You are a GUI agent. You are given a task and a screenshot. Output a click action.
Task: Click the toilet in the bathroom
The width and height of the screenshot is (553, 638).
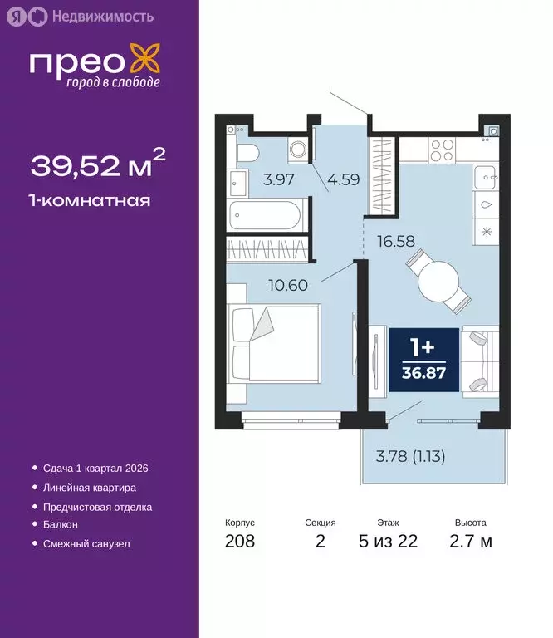(x=247, y=152)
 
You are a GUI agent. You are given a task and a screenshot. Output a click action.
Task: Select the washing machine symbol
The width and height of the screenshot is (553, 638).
(x=298, y=150)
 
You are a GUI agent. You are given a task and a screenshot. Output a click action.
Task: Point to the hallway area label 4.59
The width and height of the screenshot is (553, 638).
(x=342, y=178)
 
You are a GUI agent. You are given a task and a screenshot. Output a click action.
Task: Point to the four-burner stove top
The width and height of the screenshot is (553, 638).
(x=441, y=150)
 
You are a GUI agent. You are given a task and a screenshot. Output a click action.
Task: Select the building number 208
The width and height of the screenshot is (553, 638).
(x=240, y=542)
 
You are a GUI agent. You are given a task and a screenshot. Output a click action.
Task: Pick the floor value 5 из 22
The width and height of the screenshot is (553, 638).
(x=388, y=542)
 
